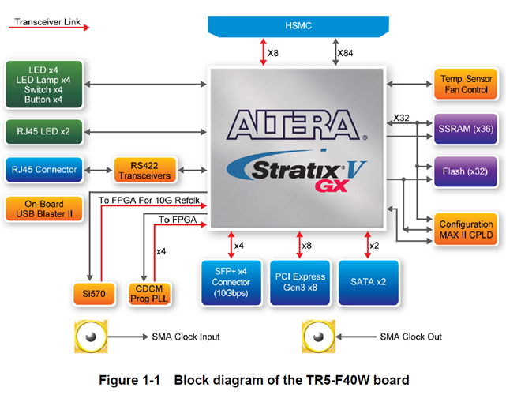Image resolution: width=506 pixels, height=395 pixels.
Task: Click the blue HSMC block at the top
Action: tap(299, 24)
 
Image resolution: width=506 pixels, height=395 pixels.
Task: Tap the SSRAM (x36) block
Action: tap(464, 127)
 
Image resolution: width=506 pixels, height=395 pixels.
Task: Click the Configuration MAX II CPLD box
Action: tap(464, 230)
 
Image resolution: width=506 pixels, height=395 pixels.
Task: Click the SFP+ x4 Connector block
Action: tap(231, 281)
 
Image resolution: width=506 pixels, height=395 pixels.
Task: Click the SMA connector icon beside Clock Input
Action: tap(92, 337)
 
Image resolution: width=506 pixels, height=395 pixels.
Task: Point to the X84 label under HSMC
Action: tap(345, 53)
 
